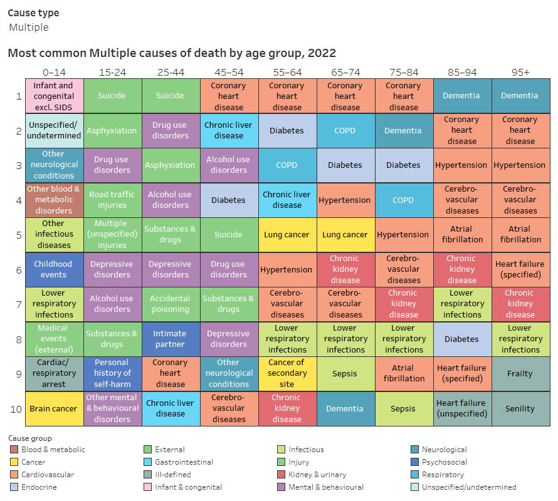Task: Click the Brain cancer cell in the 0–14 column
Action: tap(54, 408)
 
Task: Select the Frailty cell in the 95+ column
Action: tap(520, 373)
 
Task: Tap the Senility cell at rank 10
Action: tap(520, 408)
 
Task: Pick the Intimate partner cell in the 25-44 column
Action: tap(171, 339)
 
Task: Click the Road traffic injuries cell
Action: tap(112, 200)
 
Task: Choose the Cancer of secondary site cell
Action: tap(287, 373)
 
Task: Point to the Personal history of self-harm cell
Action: tap(112, 373)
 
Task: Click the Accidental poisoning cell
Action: tap(171, 304)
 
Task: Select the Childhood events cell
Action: tap(54, 269)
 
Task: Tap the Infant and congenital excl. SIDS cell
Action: tap(54, 96)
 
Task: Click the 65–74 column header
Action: tap(345, 72)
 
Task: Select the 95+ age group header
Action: tap(520, 72)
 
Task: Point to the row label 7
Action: tap(18, 304)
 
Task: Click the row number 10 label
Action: tap(18, 408)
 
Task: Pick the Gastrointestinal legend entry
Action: tap(184, 462)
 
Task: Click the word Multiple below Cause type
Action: tap(29, 28)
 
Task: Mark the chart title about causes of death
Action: tap(172, 53)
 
